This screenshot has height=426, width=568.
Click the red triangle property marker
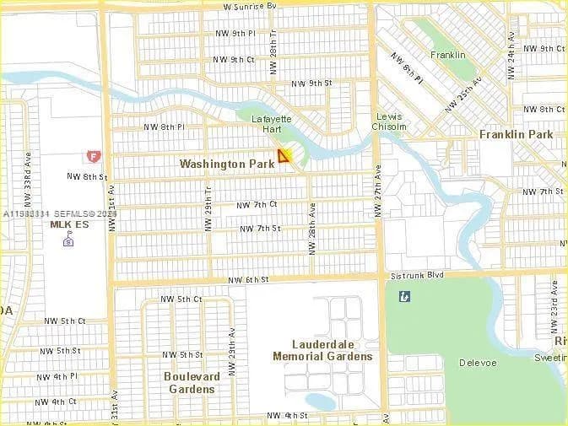284,155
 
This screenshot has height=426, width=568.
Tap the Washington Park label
227,164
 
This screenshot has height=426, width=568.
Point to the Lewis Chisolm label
389,121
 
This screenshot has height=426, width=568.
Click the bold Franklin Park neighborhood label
516,134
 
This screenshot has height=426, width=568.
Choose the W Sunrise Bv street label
250,6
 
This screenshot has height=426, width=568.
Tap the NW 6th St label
248,279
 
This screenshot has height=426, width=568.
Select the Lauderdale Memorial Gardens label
322,350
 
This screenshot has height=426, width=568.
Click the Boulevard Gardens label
192,383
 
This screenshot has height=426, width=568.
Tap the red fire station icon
92,157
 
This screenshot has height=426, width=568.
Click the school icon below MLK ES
68,241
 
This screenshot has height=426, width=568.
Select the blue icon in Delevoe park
405,296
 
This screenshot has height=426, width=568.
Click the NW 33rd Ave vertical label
28,182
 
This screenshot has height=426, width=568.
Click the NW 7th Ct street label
257,205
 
